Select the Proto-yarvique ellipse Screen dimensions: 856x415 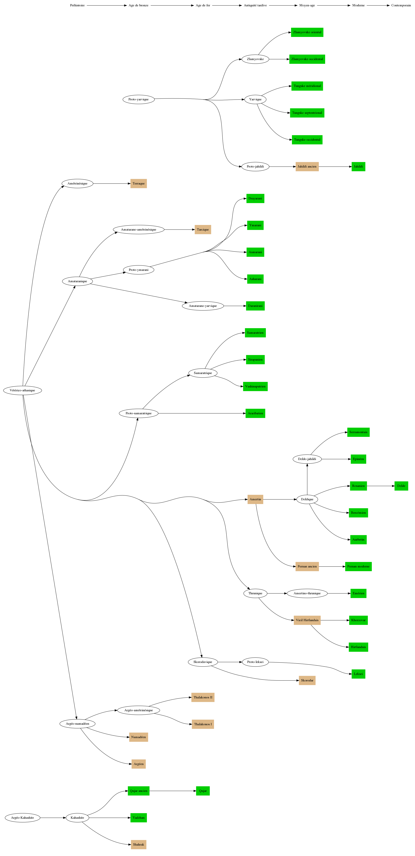point(139,99)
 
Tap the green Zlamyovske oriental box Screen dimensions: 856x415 point(307,32)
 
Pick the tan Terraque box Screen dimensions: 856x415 point(139,183)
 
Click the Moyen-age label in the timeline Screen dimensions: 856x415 point(307,5)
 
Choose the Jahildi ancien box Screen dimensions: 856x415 point(307,167)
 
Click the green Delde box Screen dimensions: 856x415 point(401,486)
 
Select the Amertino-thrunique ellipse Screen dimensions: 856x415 point(307,593)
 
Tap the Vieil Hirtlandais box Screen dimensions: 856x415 point(307,620)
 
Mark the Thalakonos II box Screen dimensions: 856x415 point(203,697)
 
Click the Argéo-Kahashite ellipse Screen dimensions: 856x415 point(23,817)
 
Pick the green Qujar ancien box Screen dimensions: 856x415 point(139,791)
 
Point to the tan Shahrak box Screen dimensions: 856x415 point(139,844)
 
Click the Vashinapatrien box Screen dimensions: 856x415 point(255,386)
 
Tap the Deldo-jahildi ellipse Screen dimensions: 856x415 point(307,459)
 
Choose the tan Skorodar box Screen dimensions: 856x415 point(307,680)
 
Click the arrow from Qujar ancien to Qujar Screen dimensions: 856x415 point(173,791)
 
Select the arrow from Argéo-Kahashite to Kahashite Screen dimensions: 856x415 point(53,817)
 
